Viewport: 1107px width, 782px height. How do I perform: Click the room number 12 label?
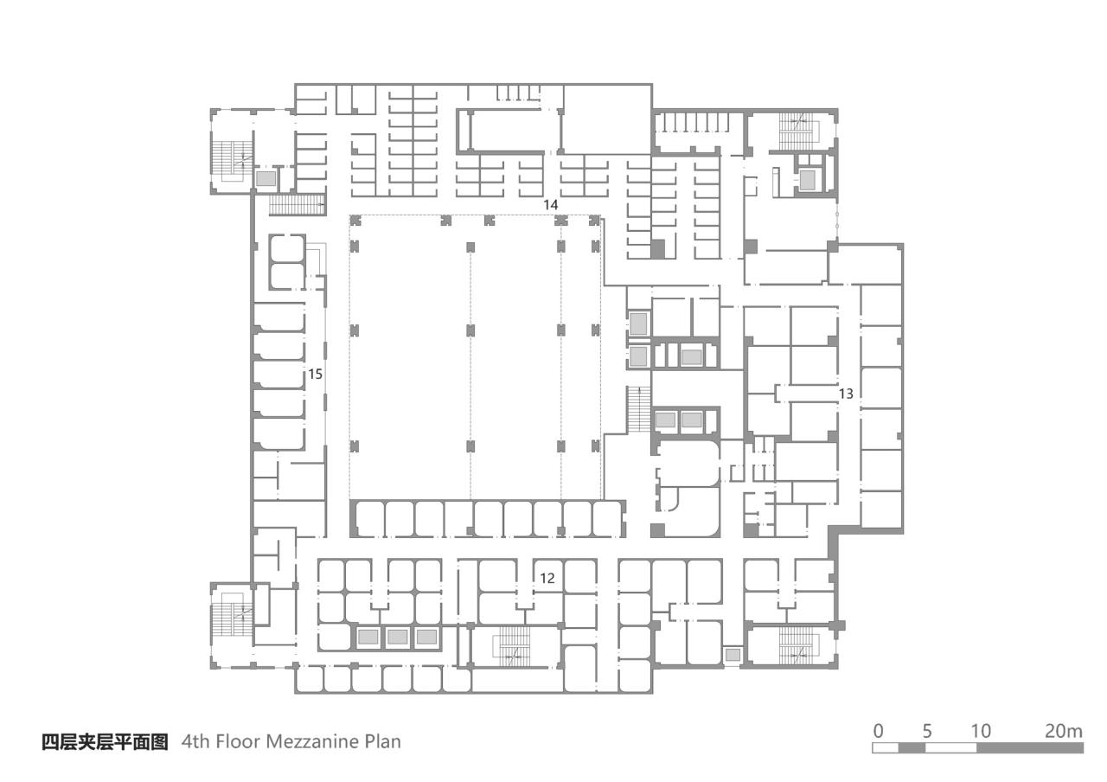(x=547, y=578)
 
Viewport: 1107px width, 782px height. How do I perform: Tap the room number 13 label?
(x=846, y=394)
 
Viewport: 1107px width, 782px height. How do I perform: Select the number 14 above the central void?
(x=550, y=204)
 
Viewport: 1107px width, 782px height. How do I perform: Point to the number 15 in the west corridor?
(x=315, y=374)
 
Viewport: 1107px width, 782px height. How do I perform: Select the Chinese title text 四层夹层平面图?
(x=105, y=741)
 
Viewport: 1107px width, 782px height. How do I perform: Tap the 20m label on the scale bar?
(x=1063, y=730)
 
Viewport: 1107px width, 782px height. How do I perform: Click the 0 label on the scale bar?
(x=879, y=730)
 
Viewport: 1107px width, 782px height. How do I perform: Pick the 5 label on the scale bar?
(x=928, y=730)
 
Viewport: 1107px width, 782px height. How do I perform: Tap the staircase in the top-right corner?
(x=797, y=130)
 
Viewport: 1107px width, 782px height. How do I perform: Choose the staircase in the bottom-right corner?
(x=797, y=644)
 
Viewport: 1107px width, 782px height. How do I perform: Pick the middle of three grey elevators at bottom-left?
(x=397, y=638)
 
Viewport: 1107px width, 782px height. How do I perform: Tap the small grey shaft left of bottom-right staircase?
(x=733, y=656)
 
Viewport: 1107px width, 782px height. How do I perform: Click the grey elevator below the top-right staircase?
(x=808, y=179)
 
